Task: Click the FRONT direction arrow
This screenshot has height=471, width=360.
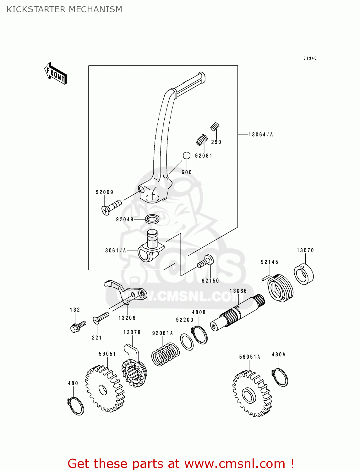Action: (x=56, y=73)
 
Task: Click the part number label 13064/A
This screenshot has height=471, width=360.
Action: (x=260, y=135)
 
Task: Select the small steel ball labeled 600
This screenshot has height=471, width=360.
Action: (x=187, y=155)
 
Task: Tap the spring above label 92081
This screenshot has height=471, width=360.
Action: (x=202, y=140)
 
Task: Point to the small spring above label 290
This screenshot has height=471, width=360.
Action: (x=215, y=127)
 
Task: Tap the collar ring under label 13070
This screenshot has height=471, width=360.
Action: (x=304, y=274)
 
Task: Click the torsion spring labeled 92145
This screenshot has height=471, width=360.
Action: (x=280, y=287)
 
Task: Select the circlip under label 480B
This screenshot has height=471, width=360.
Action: (x=199, y=335)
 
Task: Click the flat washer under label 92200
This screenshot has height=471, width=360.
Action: (x=187, y=342)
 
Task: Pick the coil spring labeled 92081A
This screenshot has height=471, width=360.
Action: (x=165, y=354)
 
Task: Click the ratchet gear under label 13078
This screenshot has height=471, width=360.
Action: (x=134, y=371)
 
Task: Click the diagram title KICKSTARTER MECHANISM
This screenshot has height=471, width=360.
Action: (x=64, y=9)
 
